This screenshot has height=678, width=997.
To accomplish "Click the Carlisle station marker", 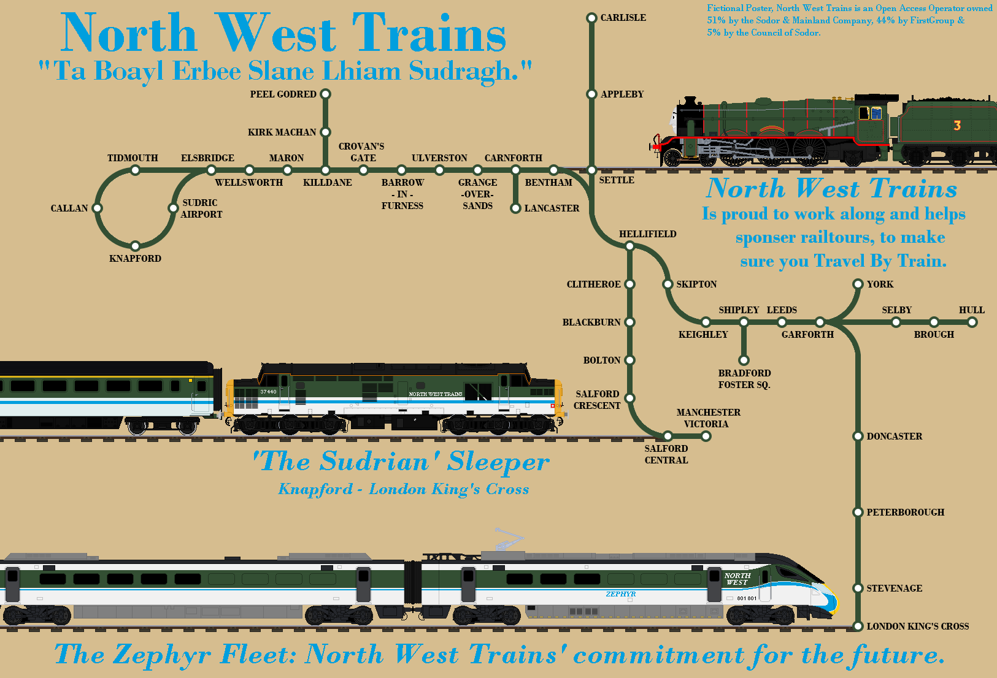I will click(591, 18).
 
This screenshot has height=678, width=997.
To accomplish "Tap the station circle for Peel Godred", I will click(326, 94).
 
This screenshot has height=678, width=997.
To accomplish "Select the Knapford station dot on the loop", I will click(135, 246).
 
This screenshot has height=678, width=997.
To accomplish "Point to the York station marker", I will click(858, 284).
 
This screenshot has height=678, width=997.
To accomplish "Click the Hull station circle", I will click(972, 322).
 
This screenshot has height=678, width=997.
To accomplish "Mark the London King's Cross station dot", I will click(858, 626).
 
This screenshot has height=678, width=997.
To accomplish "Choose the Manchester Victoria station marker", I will click(706, 436).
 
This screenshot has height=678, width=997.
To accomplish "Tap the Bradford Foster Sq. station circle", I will click(744, 360).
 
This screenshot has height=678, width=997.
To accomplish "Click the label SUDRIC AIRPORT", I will click(201, 208).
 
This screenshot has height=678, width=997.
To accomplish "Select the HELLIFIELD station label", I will click(647, 234).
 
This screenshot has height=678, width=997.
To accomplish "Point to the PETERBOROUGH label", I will click(905, 512).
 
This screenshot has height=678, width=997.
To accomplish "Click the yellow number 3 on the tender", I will click(957, 126).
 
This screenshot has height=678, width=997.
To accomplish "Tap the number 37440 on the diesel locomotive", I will click(268, 392).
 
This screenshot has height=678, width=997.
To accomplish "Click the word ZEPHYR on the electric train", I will click(620, 594).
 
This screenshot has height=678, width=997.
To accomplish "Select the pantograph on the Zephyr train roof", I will click(509, 540).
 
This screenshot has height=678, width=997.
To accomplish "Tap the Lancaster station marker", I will click(515, 208).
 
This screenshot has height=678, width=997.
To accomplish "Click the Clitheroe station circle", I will click(629, 284).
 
